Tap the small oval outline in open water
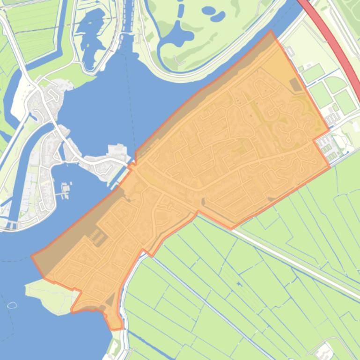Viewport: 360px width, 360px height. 12,305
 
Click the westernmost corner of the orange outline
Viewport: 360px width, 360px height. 32,256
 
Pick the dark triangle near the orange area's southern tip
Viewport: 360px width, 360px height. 110,300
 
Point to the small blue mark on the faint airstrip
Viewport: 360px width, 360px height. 239,284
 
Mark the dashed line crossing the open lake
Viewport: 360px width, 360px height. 126,94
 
